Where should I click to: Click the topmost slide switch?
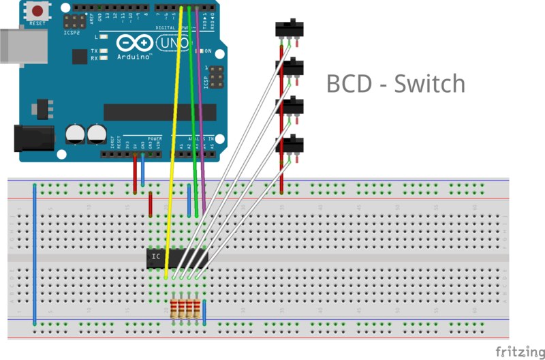click(289, 29)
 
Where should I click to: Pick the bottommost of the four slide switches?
click(289, 145)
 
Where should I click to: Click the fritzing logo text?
click(519, 350)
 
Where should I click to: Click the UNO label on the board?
click(168, 44)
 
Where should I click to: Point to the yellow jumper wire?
click(175, 136)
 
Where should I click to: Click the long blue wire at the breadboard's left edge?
click(34, 252)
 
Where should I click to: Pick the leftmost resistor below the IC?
click(174, 309)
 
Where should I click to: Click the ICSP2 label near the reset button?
click(70, 31)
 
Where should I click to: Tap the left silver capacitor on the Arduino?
click(75, 134)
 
